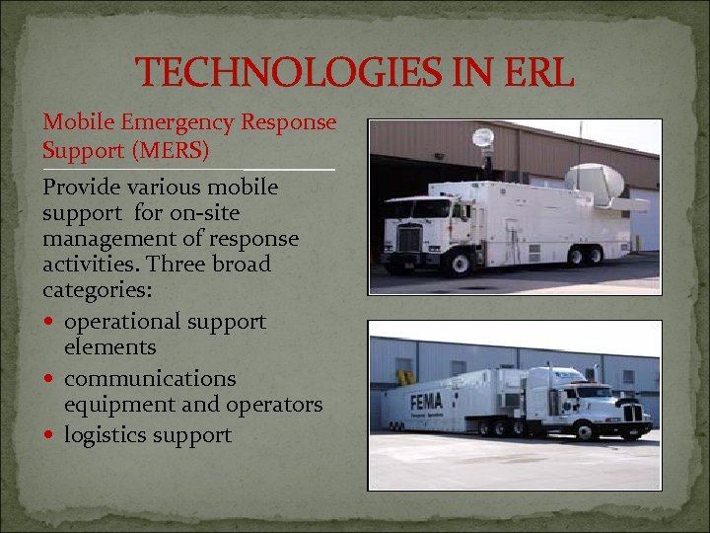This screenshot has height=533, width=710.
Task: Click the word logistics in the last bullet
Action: pos(106,435)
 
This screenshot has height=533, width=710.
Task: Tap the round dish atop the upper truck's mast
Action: pos(483,139)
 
